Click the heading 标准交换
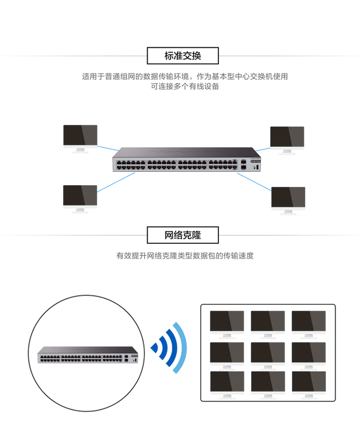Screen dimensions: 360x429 click(x=182, y=56)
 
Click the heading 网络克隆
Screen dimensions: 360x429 click(x=182, y=236)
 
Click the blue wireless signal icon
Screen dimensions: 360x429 click(x=169, y=347)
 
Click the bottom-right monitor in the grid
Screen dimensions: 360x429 click(x=309, y=383)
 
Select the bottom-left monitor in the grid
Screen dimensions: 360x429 click(x=227, y=383)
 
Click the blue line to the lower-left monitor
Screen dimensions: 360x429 click(x=116, y=183)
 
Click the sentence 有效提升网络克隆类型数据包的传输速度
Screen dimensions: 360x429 click(x=185, y=256)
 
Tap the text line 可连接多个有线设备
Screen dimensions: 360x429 click(x=185, y=87)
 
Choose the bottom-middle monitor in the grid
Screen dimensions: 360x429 click(x=268, y=383)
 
